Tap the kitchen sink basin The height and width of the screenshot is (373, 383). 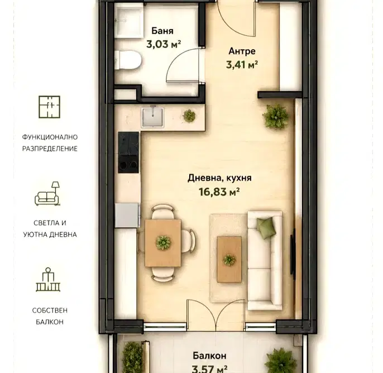pyautogui.click(x=153, y=117)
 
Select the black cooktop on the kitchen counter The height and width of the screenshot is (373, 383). pyautogui.click(x=128, y=152)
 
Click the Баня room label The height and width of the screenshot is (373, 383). pyautogui.click(x=162, y=31)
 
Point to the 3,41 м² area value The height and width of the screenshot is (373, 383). pyautogui.click(x=242, y=65)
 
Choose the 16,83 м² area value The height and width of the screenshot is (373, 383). pyautogui.click(x=219, y=192)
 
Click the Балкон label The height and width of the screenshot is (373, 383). pyautogui.click(x=209, y=356)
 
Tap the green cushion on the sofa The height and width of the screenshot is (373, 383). pyautogui.click(x=265, y=228)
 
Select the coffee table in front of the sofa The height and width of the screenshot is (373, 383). pyautogui.click(x=229, y=259)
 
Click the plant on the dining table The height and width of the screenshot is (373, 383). pyautogui.click(x=164, y=242)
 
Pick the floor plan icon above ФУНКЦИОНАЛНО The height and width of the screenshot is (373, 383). pyautogui.click(x=49, y=107)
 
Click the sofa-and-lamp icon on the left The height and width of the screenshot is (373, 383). pyautogui.click(x=47, y=193)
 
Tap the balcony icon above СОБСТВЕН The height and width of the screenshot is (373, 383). pyautogui.click(x=48, y=279)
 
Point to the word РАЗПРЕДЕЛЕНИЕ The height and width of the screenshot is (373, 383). pyautogui.click(x=50, y=149)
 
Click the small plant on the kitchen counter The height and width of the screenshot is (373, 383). pyautogui.click(x=189, y=116)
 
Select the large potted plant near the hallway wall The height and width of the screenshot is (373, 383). pyautogui.click(x=275, y=116)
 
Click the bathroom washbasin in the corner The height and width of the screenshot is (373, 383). pyautogui.click(x=129, y=22)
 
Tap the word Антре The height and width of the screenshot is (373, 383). pyautogui.click(x=242, y=51)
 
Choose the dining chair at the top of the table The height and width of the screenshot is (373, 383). pyautogui.click(x=163, y=212)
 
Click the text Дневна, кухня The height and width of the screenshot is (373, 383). pyautogui.click(x=219, y=178)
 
